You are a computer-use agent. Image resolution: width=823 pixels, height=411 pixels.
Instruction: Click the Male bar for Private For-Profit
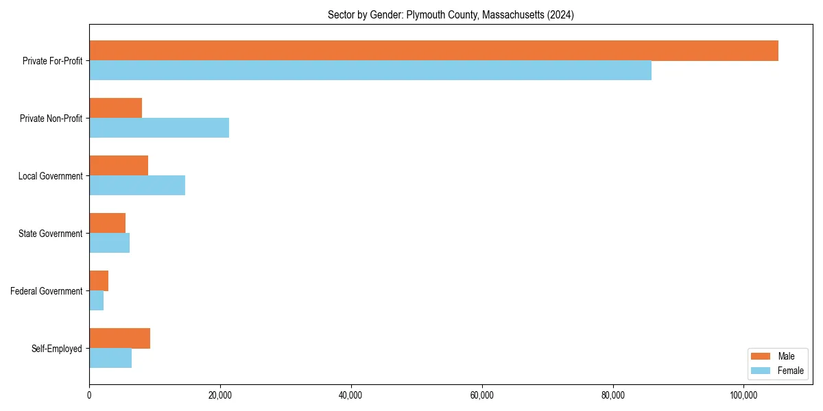coord(433,51)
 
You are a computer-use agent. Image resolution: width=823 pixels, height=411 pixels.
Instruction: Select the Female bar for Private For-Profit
coord(370,70)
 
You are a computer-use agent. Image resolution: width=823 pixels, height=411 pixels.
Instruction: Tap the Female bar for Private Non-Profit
coord(159,127)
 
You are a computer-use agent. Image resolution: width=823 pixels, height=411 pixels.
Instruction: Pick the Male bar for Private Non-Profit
coord(115,108)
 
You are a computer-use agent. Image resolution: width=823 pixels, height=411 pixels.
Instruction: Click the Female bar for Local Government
coord(137,185)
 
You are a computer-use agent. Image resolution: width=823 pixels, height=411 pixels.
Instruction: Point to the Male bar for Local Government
coord(119,166)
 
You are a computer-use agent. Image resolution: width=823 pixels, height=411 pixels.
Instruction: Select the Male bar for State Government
coord(107,223)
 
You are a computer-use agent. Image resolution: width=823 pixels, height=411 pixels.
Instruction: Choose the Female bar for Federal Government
coord(97,300)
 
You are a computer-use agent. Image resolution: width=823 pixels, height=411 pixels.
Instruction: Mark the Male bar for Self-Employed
coord(119,338)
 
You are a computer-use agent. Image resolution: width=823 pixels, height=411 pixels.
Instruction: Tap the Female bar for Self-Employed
coord(110,358)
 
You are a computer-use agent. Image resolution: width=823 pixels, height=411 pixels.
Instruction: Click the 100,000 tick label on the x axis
coord(743,395)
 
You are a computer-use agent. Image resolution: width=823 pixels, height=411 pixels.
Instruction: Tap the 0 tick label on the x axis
coord(89,395)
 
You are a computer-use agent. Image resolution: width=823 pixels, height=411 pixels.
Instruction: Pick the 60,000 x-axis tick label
coord(482,395)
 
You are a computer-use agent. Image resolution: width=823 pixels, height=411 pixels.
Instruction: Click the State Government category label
coord(51,234)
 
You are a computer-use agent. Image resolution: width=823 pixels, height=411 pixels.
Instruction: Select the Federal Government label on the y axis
coord(47,291)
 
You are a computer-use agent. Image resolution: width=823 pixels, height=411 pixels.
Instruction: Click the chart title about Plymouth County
coord(451,14)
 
